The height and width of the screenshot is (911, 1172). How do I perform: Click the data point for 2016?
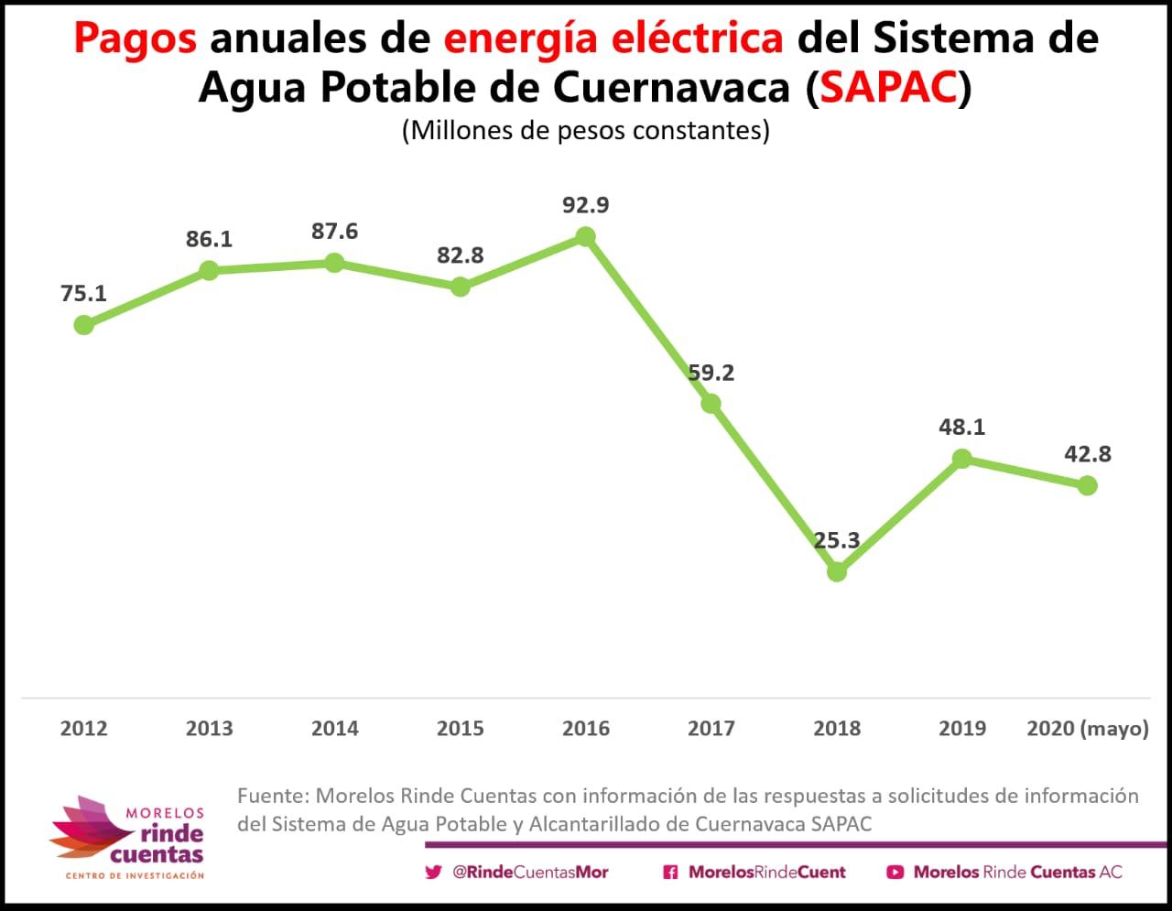(x=586, y=237)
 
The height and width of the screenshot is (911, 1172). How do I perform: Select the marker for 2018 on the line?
(x=837, y=572)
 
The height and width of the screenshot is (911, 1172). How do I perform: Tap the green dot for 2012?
(x=83, y=324)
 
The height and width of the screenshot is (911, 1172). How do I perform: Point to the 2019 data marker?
(x=961, y=459)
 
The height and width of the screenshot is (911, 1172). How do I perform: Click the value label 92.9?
(x=586, y=205)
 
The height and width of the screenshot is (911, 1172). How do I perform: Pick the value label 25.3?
(x=837, y=540)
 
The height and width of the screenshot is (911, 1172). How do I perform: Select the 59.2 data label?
(x=711, y=373)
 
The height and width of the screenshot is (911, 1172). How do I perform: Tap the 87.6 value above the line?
(x=334, y=231)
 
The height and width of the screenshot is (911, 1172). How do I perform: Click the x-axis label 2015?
(x=460, y=729)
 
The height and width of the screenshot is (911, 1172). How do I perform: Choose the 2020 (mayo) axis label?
(x=1087, y=729)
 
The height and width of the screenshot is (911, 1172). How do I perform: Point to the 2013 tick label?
(x=209, y=729)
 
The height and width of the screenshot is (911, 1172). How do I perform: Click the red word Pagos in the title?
(x=135, y=38)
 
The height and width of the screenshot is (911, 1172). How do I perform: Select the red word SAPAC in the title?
(x=889, y=88)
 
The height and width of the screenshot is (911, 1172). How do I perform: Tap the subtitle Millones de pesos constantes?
(x=586, y=130)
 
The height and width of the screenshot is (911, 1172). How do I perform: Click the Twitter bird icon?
(x=433, y=873)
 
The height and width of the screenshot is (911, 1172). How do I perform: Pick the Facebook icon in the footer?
(x=670, y=873)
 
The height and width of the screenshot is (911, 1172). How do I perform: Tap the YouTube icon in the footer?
(x=895, y=873)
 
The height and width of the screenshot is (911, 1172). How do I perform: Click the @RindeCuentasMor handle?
(x=530, y=873)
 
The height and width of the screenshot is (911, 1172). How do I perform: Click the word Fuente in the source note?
(x=270, y=796)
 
